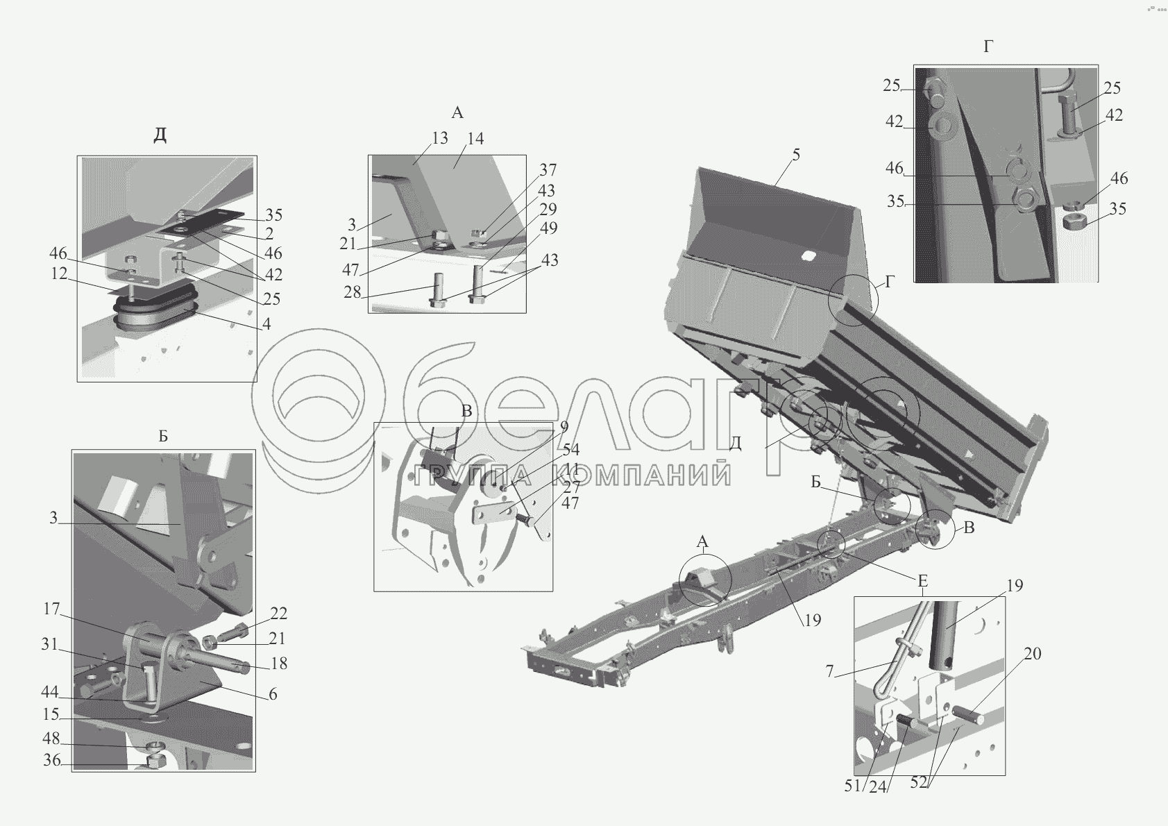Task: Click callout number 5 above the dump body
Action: point(796,155)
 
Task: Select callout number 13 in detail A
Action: point(440,138)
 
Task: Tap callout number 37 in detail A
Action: point(548,170)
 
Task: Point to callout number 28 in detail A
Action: point(353,292)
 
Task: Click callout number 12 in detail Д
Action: point(59,273)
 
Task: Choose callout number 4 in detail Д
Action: point(266,324)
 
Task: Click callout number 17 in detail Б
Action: point(51,609)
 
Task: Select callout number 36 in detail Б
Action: point(51,761)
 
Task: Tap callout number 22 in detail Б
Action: point(279,614)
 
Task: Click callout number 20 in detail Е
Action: point(1033,653)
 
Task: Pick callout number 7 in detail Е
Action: point(829,672)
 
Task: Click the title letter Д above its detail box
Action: point(160,135)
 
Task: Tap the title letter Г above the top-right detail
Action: point(988,47)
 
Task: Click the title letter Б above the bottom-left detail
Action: point(163,436)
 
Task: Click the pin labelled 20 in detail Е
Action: point(968,715)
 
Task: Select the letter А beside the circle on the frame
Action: point(702,542)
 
